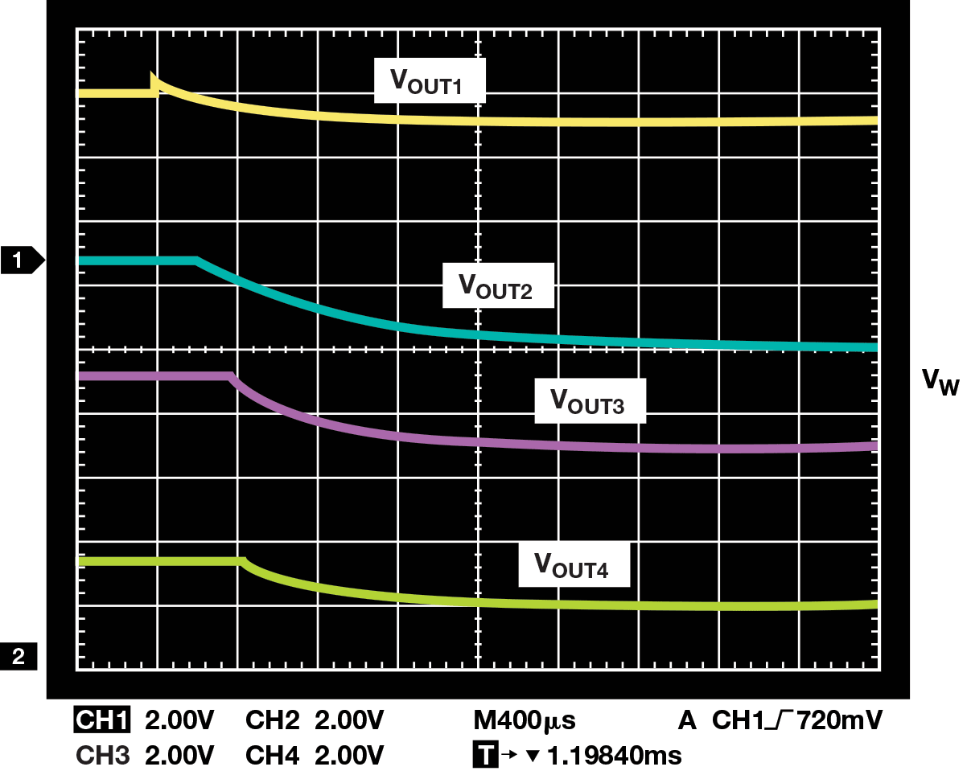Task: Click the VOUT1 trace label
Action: click(430, 81)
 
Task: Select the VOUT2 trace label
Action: click(498, 285)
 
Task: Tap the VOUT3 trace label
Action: click(590, 401)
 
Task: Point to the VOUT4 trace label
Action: click(573, 565)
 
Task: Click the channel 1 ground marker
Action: click(22, 260)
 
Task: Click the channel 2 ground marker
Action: click(19, 657)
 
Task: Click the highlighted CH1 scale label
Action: click(101, 720)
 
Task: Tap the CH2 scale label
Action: click(273, 720)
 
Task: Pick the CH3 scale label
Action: click(101, 756)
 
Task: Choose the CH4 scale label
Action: click(273, 756)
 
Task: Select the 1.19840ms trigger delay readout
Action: click(613, 756)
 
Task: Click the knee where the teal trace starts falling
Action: click(197, 260)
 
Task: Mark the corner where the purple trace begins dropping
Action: click(232, 376)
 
